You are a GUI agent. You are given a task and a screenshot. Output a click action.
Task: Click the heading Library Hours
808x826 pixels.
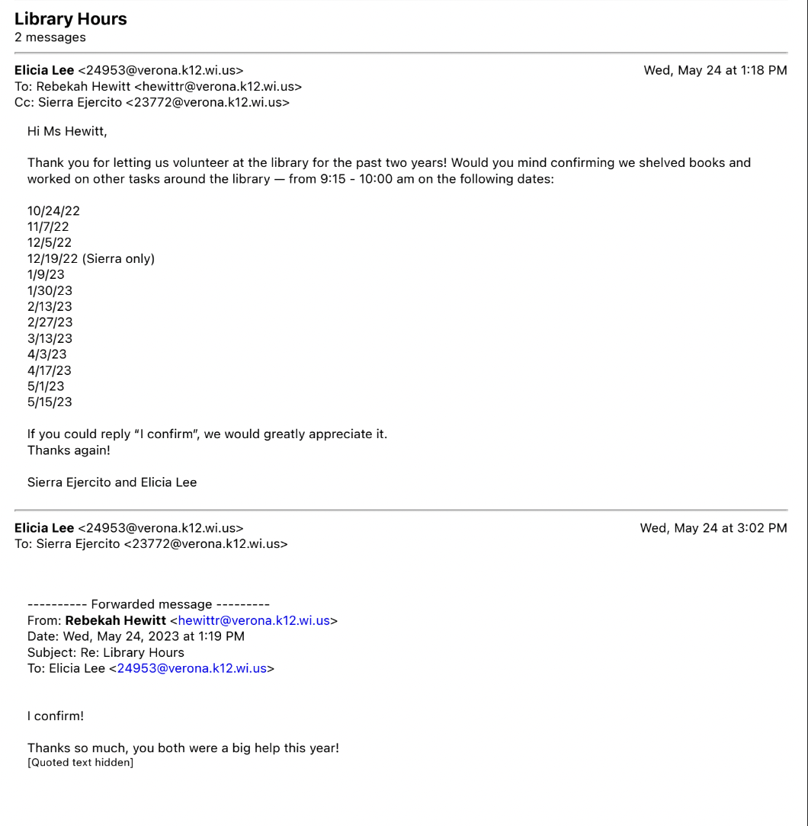point(71,19)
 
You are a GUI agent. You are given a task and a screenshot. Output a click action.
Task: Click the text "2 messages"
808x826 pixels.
point(50,37)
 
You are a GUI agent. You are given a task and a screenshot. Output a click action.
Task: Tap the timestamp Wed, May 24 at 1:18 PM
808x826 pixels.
point(715,71)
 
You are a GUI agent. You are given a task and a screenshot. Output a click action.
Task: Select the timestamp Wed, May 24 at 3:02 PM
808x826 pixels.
point(713,528)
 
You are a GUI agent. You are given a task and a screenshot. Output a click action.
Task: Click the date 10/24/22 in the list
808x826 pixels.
point(53,211)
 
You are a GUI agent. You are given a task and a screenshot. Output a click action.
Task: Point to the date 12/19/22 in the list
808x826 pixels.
point(53,259)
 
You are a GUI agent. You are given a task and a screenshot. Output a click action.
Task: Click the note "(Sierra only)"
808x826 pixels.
point(118,259)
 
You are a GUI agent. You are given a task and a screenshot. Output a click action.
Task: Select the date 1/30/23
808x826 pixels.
point(50,291)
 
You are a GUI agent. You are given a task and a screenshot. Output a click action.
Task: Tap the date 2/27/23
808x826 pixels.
point(50,323)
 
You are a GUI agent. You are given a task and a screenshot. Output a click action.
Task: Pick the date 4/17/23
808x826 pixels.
point(50,371)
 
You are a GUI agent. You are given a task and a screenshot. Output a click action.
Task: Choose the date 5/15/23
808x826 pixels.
point(50,402)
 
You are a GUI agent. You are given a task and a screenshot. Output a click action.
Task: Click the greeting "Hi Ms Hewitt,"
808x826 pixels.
point(67,132)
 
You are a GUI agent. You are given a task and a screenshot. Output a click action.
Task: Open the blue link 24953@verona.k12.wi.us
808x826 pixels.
point(192,668)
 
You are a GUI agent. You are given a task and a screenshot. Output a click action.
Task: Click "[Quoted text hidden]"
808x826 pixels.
point(80,763)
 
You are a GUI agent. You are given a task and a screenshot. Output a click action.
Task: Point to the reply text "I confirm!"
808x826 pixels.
point(56,716)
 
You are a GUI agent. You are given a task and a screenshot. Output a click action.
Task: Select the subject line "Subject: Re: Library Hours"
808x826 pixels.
point(106,652)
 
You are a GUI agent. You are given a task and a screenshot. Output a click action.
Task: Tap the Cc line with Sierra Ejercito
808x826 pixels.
point(152,102)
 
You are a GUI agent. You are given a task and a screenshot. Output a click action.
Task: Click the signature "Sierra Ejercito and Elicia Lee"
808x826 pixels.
point(112,482)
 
